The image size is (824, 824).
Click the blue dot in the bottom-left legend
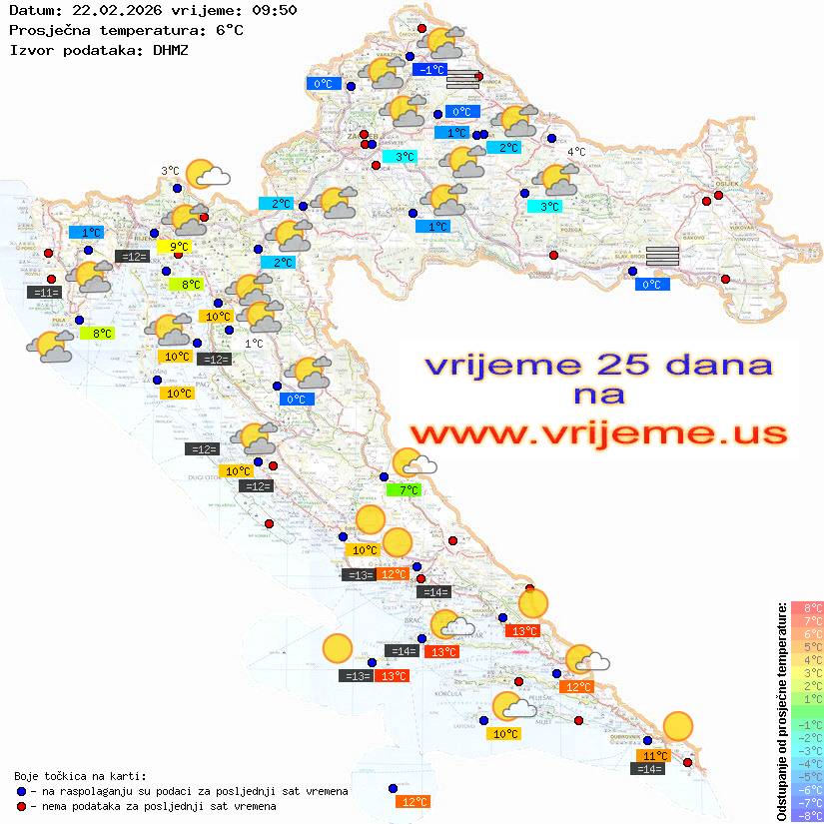(x=21, y=791)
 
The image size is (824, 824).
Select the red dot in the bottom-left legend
(x=21, y=806)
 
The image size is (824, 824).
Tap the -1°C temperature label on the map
(x=431, y=70)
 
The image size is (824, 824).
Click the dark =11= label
(x=46, y=293)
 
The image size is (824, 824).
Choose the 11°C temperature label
(x=655, y=756)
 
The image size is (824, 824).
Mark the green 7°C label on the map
(x=408, y=490)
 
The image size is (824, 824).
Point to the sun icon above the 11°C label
(x=678, y=725)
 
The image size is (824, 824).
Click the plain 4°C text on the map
(x=576, y=152)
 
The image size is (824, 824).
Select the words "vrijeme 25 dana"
(x=598, y=365)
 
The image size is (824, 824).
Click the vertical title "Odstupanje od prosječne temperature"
(x=781, y=711)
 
